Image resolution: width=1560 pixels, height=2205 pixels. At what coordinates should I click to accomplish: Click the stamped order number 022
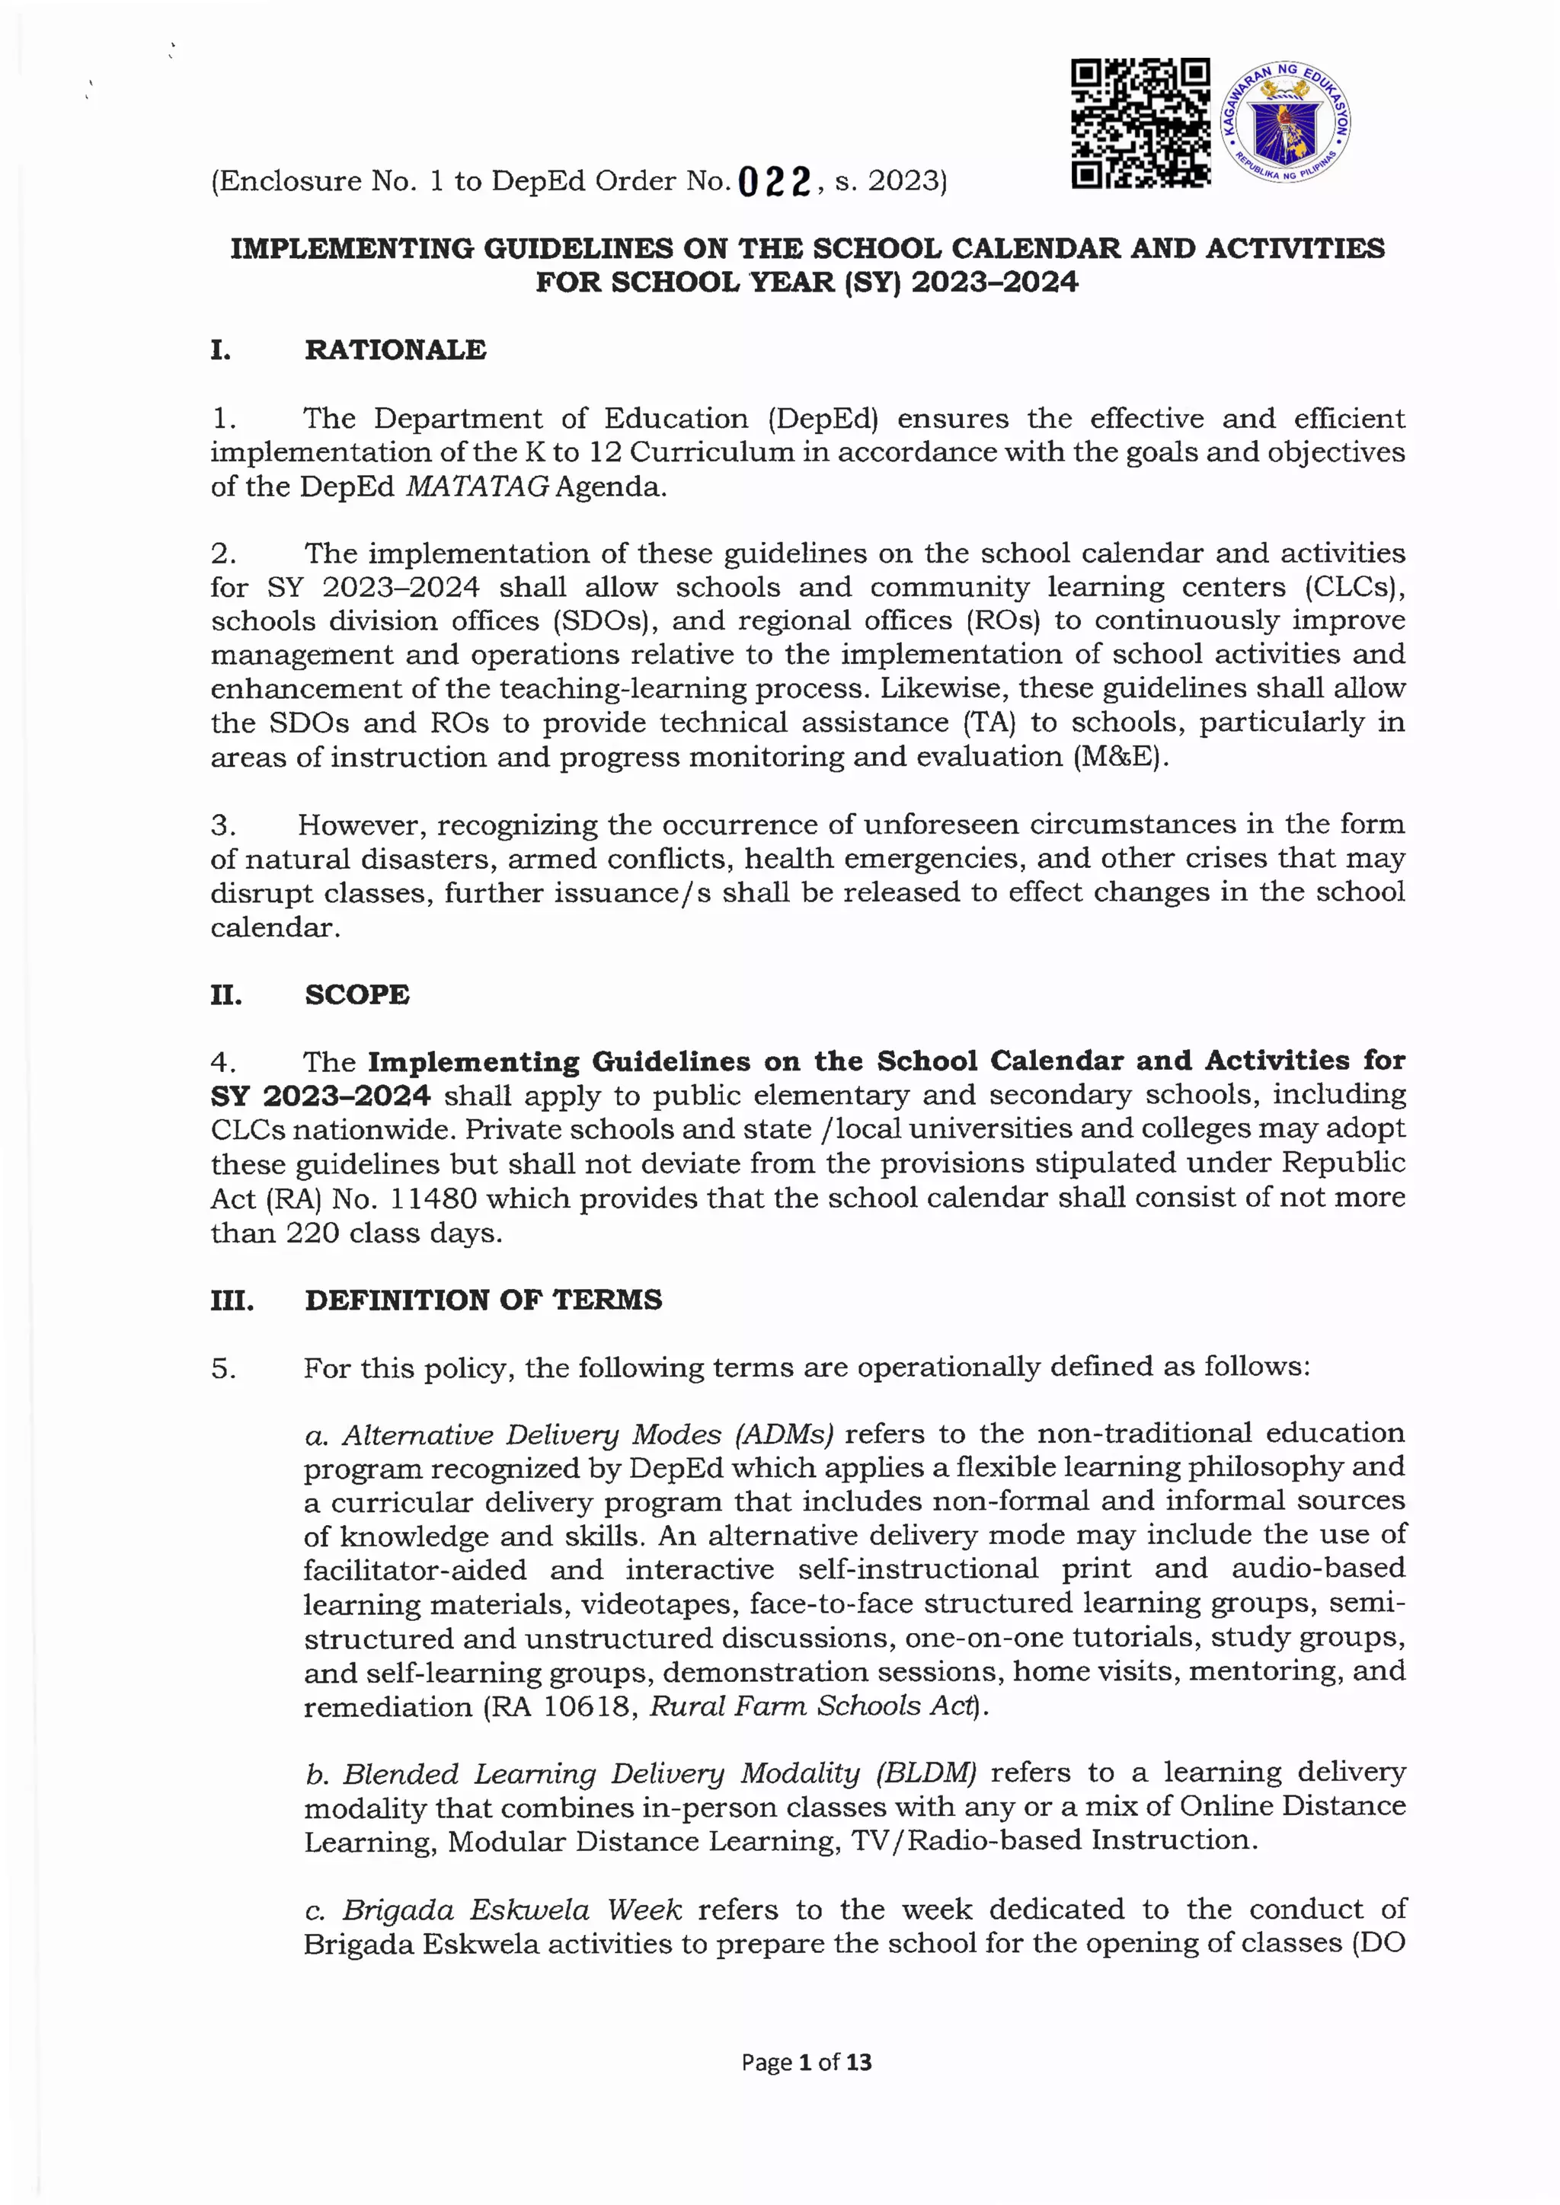(776, 180)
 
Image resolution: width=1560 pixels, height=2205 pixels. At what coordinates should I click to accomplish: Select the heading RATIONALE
(395, 349)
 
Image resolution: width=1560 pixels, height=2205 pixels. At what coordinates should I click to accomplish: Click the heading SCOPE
(356, 994)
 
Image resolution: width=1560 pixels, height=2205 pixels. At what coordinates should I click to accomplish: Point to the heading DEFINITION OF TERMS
(483, 1300)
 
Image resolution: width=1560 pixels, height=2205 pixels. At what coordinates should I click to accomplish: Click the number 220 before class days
(312, 1233)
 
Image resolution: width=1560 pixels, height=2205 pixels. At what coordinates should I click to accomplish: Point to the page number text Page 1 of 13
(806, 2061)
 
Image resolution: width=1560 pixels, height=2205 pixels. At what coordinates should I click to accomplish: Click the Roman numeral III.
(232, 1300)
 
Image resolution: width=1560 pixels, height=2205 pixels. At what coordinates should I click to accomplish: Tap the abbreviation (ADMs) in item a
(785, 1434)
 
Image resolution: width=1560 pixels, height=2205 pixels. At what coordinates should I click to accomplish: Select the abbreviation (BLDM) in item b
(926, 1772)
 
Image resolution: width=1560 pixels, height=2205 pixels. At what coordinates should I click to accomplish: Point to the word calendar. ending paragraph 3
(276, 927)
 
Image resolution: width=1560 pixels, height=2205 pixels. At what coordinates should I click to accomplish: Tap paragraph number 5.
(224, 1368)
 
